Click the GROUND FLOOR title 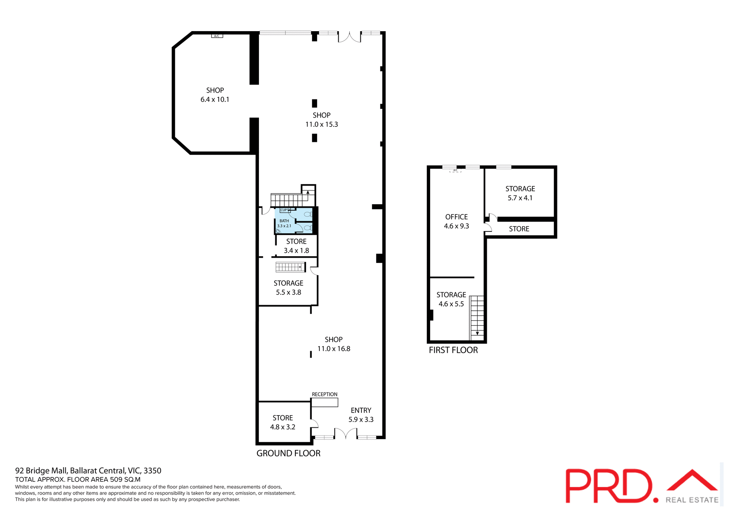pyautogui.click(x=288, y=453)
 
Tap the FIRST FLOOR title pyautogui.click(x=453, y=350)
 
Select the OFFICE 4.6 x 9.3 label pyautogui.click(x=456, y=221)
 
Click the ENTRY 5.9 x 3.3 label pyautogui.click(x=361, y=415)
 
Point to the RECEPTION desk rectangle pyautogui.click(x=325, y=402)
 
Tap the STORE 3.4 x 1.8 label pyautogui.click(x=296, y=246)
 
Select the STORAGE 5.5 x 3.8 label pyautogui.click(x=288, y=288)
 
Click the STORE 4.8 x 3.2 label pyautogui.click(x=282, y=422)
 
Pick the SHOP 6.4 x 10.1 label pyautogui.click(x=215, y=95)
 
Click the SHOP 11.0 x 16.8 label pyautogui.click(x=333, y=344)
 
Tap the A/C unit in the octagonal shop pyautogui.click(x=217, y=36)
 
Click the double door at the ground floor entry pyautogui.click(x=346, y=434)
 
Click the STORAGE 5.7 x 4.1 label pyautogui.click(x=520, y=193)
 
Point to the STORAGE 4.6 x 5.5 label pyautogui.click(x=451, y=299)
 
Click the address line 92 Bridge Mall pyautogui.click(x=88, y=471)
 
